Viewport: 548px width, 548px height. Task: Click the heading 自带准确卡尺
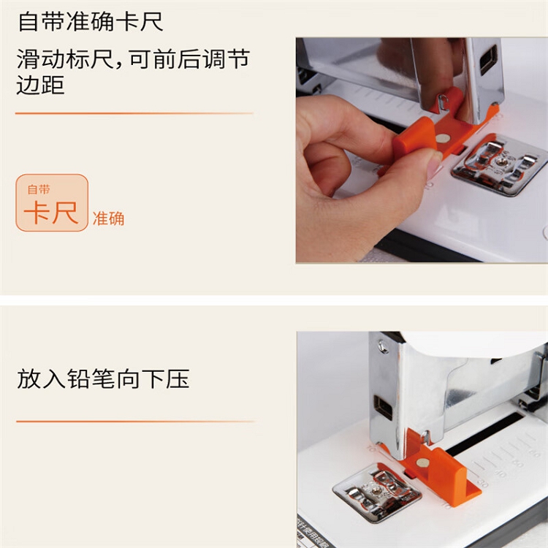90,22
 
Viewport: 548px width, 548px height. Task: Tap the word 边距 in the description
40,85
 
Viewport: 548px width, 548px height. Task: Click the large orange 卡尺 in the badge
51,213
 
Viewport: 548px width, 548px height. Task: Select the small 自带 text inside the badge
39,189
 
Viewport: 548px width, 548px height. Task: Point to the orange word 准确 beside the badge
108,218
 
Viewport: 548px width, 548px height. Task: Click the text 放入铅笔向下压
103,378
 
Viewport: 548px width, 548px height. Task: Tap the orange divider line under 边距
134,113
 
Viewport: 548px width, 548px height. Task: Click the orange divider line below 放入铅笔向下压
136,422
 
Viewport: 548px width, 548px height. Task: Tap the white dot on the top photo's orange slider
443,139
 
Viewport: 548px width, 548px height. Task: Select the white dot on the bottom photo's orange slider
423,463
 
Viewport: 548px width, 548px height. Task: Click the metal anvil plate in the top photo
500,164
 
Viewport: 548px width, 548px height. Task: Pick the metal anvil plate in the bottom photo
377,492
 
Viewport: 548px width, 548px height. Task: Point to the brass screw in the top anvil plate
502,161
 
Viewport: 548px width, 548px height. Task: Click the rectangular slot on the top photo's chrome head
489,60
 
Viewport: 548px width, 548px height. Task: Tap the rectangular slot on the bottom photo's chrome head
383,408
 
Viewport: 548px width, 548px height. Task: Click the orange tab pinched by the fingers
415,138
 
